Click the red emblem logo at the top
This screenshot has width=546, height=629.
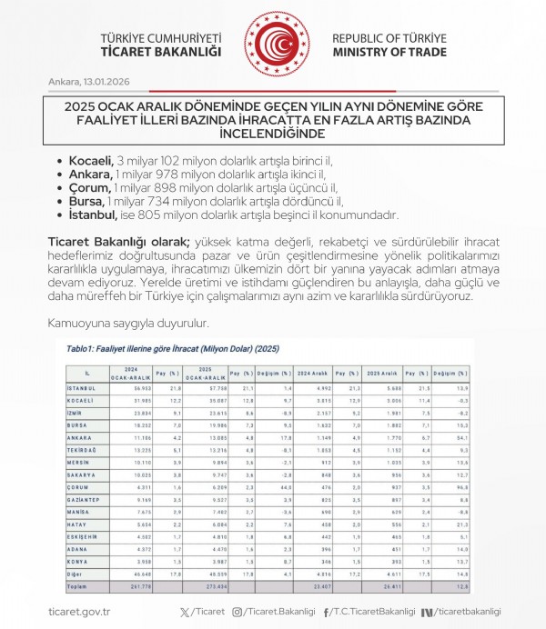(x=272, y=45)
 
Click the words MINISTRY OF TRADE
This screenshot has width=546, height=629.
(x=389, y=53)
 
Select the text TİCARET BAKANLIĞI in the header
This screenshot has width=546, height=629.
(x=162, y=53)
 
